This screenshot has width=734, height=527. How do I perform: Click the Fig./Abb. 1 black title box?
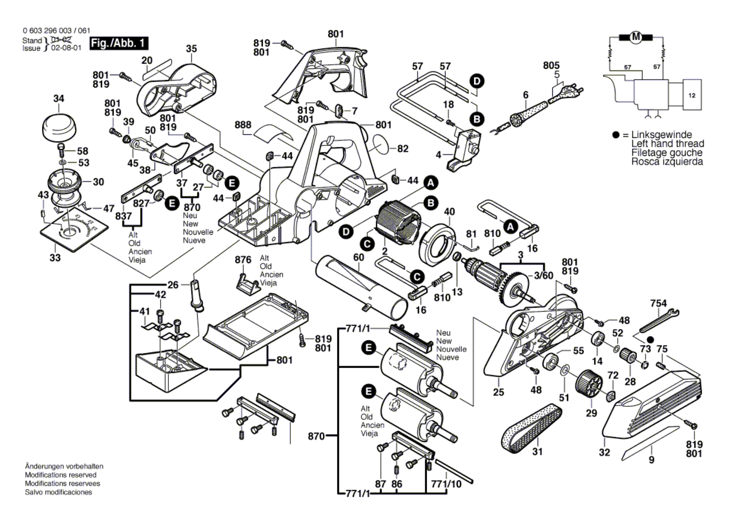(x=119, y=43)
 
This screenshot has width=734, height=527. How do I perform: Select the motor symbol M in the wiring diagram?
(x=636, y=37)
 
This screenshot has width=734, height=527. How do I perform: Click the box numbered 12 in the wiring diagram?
(x=692, y=95)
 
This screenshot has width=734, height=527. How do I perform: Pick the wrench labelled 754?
(x=659, y=320)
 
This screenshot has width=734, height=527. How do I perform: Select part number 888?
(x=242, y=125)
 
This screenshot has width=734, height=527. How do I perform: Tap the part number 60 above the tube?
(x=358, y=257)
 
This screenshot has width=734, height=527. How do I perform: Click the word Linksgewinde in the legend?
(x=661, y=135)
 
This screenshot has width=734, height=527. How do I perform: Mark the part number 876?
(x=242, y=260)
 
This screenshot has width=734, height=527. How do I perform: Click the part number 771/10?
(x=446, y=484)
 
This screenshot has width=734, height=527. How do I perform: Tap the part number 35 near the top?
(x=191, y=49)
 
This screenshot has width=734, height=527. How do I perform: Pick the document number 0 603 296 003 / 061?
(x=56, y=31)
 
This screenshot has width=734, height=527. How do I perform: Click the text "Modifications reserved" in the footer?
(x=60, y=475)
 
